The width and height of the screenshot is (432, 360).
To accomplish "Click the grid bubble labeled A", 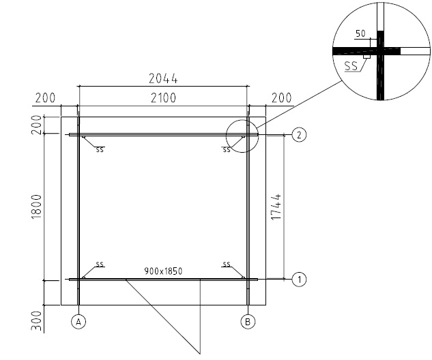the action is pyautogui.click(x=78, y=321).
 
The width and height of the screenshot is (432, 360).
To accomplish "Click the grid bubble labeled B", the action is pyautogui.click(x=248, y=321).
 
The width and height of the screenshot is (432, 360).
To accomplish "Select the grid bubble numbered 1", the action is pyautogui.click(x=299, y=280).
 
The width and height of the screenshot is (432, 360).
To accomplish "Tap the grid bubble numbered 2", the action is pyautogui.click(x=299, y=135).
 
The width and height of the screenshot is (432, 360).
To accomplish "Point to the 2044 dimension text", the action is pyautogui.click(x=163, y=78).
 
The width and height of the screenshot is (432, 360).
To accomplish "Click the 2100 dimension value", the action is pyautogui.click(x=163, y=97).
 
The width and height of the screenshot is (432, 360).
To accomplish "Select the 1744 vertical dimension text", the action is pyautogui.click(x=276, y=207).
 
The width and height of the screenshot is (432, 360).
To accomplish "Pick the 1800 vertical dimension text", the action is pyautogui.click(x=36, y=207).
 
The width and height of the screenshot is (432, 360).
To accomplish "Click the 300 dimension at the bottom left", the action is pyautogui.click(x=36, y=321).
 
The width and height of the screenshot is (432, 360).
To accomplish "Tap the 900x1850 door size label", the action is pyautogui.click(x=163, y=271).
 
